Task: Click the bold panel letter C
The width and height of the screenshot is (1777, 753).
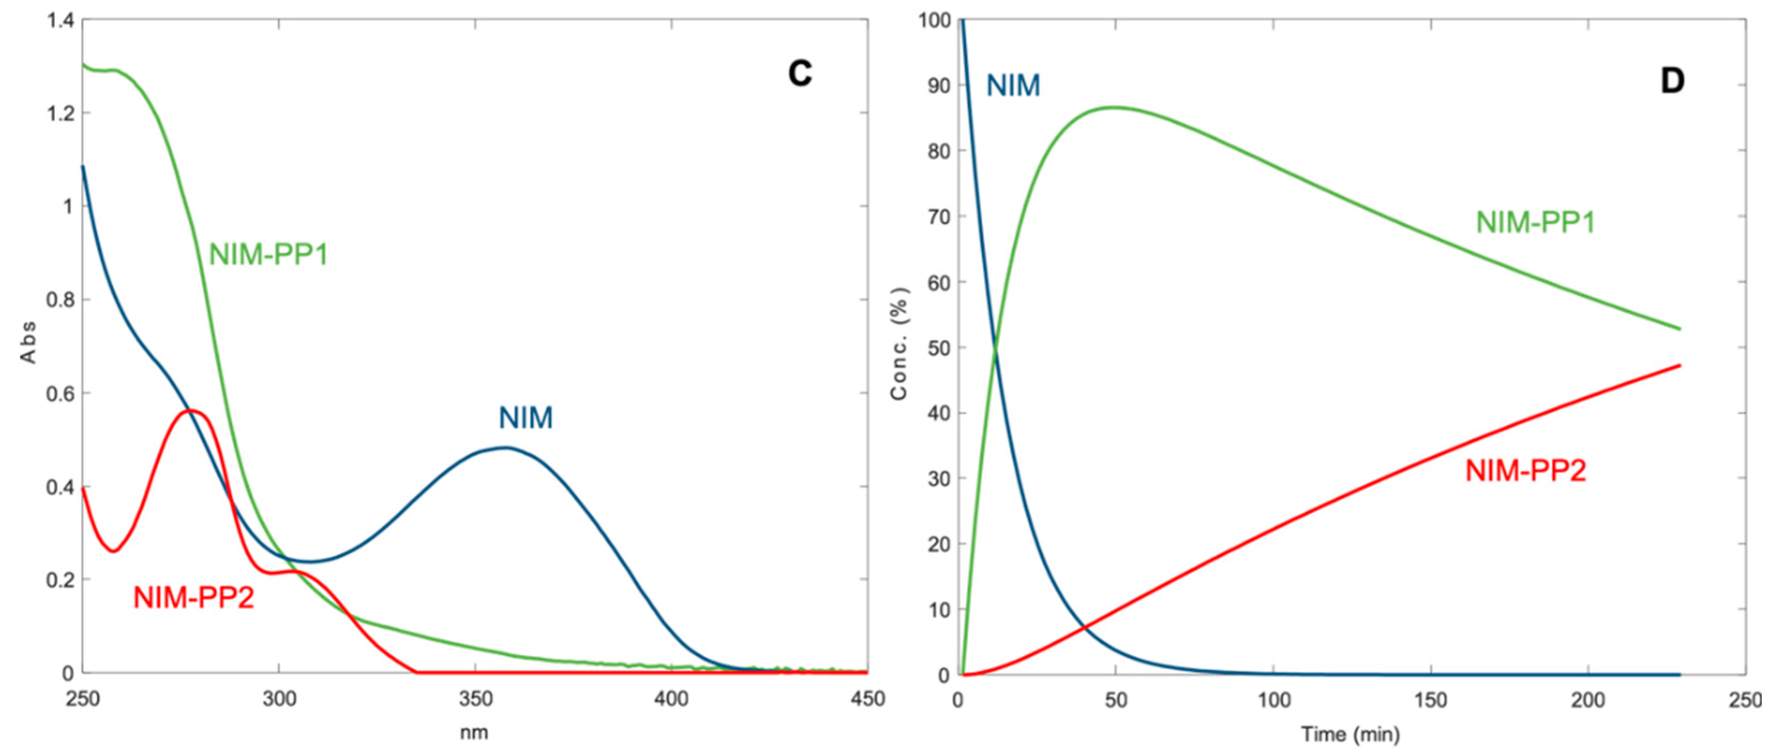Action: click(800, 74)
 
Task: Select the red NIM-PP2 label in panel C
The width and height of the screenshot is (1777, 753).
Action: click(194, 597)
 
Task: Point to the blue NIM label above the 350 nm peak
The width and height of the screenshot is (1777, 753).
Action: click(526, 419)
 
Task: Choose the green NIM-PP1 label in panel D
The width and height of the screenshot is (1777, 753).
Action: click(1536, 223)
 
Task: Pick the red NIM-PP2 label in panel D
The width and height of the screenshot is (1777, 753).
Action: click(1526, 471)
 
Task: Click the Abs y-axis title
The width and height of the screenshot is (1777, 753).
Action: click(28, 343)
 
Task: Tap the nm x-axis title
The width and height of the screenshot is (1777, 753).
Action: click(474, 732)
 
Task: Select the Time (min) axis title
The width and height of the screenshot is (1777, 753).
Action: click(1351, 735)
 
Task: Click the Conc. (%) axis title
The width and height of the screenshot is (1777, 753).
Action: click(899, 343)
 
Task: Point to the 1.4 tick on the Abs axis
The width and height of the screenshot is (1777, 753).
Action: click(61, 20)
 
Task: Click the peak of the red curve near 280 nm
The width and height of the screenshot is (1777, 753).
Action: click(192, 411)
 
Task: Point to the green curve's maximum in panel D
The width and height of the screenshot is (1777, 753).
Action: click(1114, 107)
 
